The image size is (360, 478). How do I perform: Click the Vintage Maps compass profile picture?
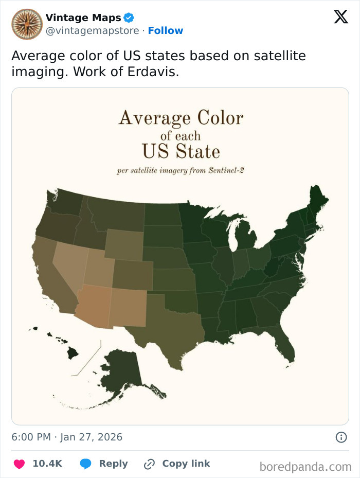tap(27, 24)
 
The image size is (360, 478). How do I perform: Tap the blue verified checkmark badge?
tap(129, 18)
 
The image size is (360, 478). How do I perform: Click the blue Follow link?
tap(165, 31)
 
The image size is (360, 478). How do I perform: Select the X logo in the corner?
tap(340, 17)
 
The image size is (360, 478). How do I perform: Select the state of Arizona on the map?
tap(94, 306)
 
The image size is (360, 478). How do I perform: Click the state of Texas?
tap(170, 324)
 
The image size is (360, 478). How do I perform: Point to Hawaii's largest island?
tap(73, 353)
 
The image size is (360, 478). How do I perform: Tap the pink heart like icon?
tap(19, 464)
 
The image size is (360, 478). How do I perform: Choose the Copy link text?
tap(186, 464)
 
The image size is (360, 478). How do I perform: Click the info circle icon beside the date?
tap(340, 437)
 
